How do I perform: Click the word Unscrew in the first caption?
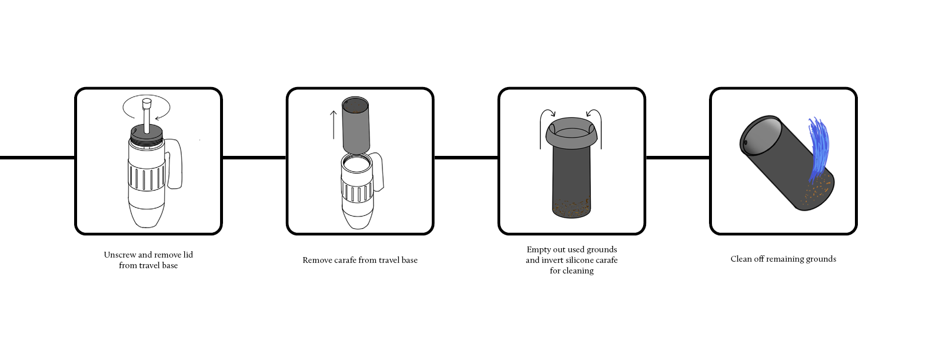point(119,255)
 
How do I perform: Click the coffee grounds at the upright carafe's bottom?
point(571,208)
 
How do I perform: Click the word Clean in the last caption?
point(741,259)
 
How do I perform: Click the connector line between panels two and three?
point(466,157)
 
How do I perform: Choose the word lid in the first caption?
point(188,255)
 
